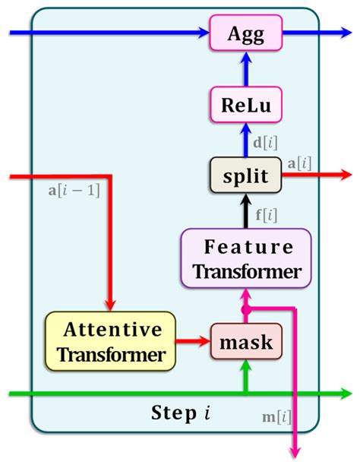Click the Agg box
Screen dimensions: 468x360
point(245,33)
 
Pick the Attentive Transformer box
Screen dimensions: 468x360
point(111,342)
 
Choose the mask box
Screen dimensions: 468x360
point(245,342)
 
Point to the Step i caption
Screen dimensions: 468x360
point(180,415)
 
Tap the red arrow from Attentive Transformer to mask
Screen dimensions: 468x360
point(194,342)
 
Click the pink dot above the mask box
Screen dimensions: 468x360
point(245,310)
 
